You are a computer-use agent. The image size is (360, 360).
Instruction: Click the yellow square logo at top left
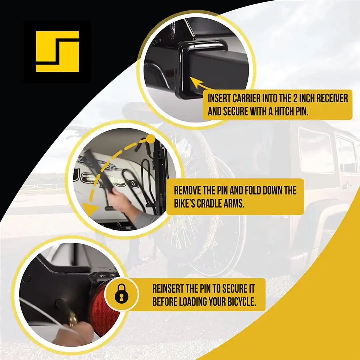(57, 51)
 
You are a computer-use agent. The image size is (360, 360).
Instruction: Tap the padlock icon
(121, 294)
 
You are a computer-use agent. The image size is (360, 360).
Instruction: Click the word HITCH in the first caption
(276, 112)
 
